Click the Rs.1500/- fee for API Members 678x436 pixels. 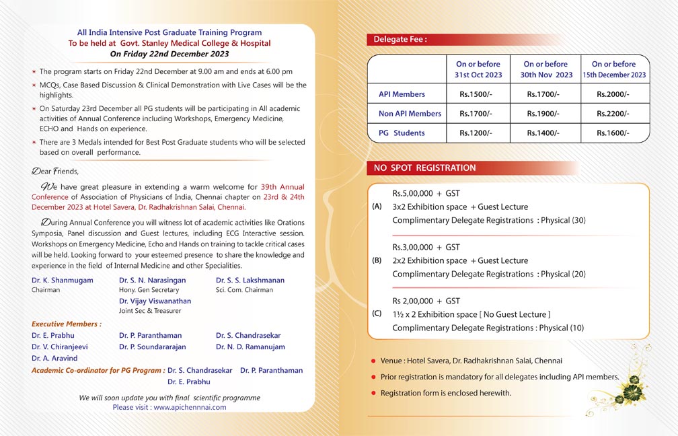tap(476, 94)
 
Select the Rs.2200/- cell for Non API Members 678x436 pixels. tap(613, 114)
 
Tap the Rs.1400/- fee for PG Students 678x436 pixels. tap(543, 133)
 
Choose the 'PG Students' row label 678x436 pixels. tap(402, 133)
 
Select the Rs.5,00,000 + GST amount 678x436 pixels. tap(426, 194)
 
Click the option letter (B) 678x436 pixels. tap(377, 260)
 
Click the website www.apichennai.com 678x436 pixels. tap(190, 407)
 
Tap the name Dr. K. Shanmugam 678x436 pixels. tap(63, 280)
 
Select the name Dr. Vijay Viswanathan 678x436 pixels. tap(155, 301)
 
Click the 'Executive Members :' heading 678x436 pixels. tap(67, 324)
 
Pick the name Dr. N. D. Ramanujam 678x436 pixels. tap(250, 347)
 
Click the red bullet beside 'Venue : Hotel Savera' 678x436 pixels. tap(373, 361)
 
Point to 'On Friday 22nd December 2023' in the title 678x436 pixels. tap(169, 53)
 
